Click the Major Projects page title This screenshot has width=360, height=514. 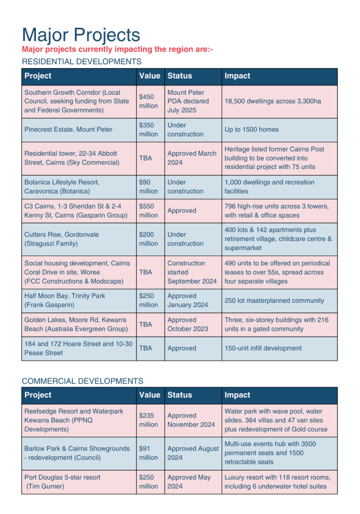click(81, 35)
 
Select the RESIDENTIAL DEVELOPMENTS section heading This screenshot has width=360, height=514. click(82, 62)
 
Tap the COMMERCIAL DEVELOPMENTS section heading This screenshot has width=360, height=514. click(82, 381)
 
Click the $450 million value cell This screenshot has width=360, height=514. click(148, 101)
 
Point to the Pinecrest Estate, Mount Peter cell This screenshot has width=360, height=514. click(68, 130)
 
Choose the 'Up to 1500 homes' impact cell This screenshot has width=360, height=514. click(251, 130)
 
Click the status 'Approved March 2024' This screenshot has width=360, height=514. click(192, 158)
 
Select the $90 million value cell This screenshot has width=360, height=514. click(148, 187)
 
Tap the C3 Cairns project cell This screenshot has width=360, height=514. click(76, 211)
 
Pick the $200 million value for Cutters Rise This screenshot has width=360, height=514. click(148, 239)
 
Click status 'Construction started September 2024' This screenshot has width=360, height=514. click(192, 272)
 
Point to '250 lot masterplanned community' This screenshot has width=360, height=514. click(274, 300)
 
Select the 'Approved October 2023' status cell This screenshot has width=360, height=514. click(187, 324)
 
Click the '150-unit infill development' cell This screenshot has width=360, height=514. click(263, 348)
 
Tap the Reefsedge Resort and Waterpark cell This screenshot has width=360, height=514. click(73, 420)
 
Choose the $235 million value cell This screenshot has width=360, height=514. click(148, 420)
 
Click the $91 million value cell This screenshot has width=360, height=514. click(148, 453)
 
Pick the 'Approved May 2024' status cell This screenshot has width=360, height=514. click(189, 482)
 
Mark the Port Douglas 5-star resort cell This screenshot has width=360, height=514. click(62, 482)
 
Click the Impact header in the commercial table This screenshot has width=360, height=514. click(237, 395)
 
